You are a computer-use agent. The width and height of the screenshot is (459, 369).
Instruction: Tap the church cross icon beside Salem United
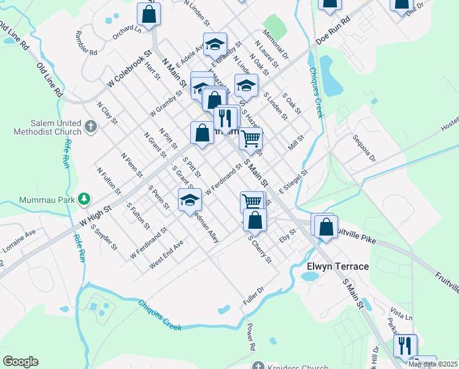pos(91,127)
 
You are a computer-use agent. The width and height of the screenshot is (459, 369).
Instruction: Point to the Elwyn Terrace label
pos(337,266)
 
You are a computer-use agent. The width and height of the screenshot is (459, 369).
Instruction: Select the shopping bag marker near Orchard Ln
pos(148,13)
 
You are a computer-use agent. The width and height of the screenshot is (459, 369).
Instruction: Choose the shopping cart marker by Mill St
pos(250,138)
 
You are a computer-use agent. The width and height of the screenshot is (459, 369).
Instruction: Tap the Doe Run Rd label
pos(332,30)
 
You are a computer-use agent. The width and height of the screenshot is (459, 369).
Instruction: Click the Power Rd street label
pos(250,338)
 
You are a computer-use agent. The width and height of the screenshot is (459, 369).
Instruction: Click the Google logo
pos(20,362)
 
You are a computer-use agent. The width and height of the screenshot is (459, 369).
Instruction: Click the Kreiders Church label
pos(298,367)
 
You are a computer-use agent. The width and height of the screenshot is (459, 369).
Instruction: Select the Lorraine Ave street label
pos(19,241)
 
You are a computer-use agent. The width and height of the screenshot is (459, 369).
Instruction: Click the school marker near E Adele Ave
pos(215,44)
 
